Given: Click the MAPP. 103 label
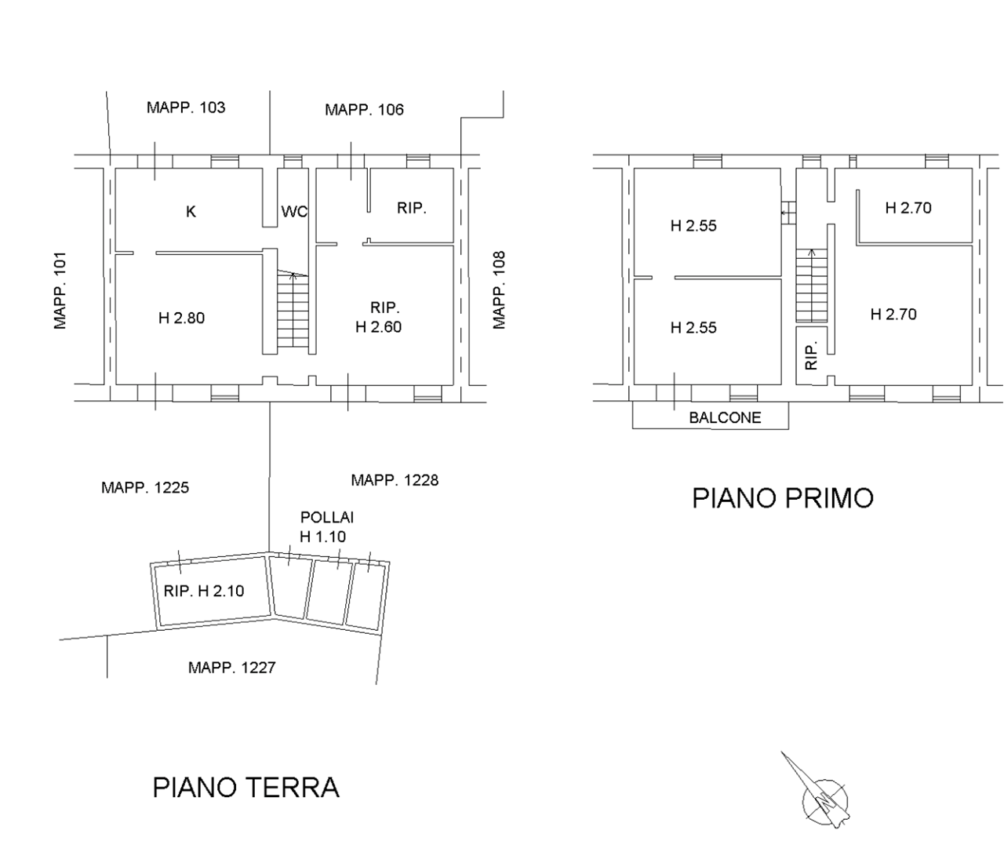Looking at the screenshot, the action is point(186,107).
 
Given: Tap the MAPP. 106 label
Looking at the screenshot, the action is point(364,110).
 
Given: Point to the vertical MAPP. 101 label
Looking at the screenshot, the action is point(60,290).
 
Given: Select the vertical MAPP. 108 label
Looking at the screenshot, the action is point(500,290).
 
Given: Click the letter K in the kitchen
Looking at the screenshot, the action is point(191,212).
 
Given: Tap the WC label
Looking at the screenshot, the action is point(294,211).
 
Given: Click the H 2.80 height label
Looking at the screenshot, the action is point(182,319).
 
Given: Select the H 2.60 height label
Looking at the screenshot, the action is point(379,327).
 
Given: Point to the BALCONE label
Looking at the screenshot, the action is point(726,418).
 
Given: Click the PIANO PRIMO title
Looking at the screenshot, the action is point(783,498).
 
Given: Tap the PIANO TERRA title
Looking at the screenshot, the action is point(246,788).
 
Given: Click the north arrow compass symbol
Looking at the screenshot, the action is point(820,793).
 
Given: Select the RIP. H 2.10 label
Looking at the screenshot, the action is point(204,591).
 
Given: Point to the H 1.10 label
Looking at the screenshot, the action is point(323,537).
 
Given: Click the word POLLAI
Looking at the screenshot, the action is point(327,518).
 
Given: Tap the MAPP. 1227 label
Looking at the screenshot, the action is point(232,668).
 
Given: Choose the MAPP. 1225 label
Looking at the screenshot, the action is point(145,487).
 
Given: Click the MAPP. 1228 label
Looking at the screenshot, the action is point(395,480).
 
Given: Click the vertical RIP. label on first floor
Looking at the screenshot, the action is point(812,355).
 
